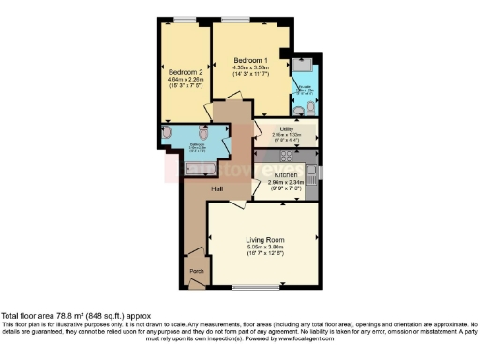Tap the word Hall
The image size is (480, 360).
(x=217, y=189)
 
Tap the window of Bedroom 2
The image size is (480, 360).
(x=184, y=20)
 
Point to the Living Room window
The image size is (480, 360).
(x=248, y=286)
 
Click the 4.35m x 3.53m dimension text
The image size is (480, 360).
(x=251, y=67)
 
